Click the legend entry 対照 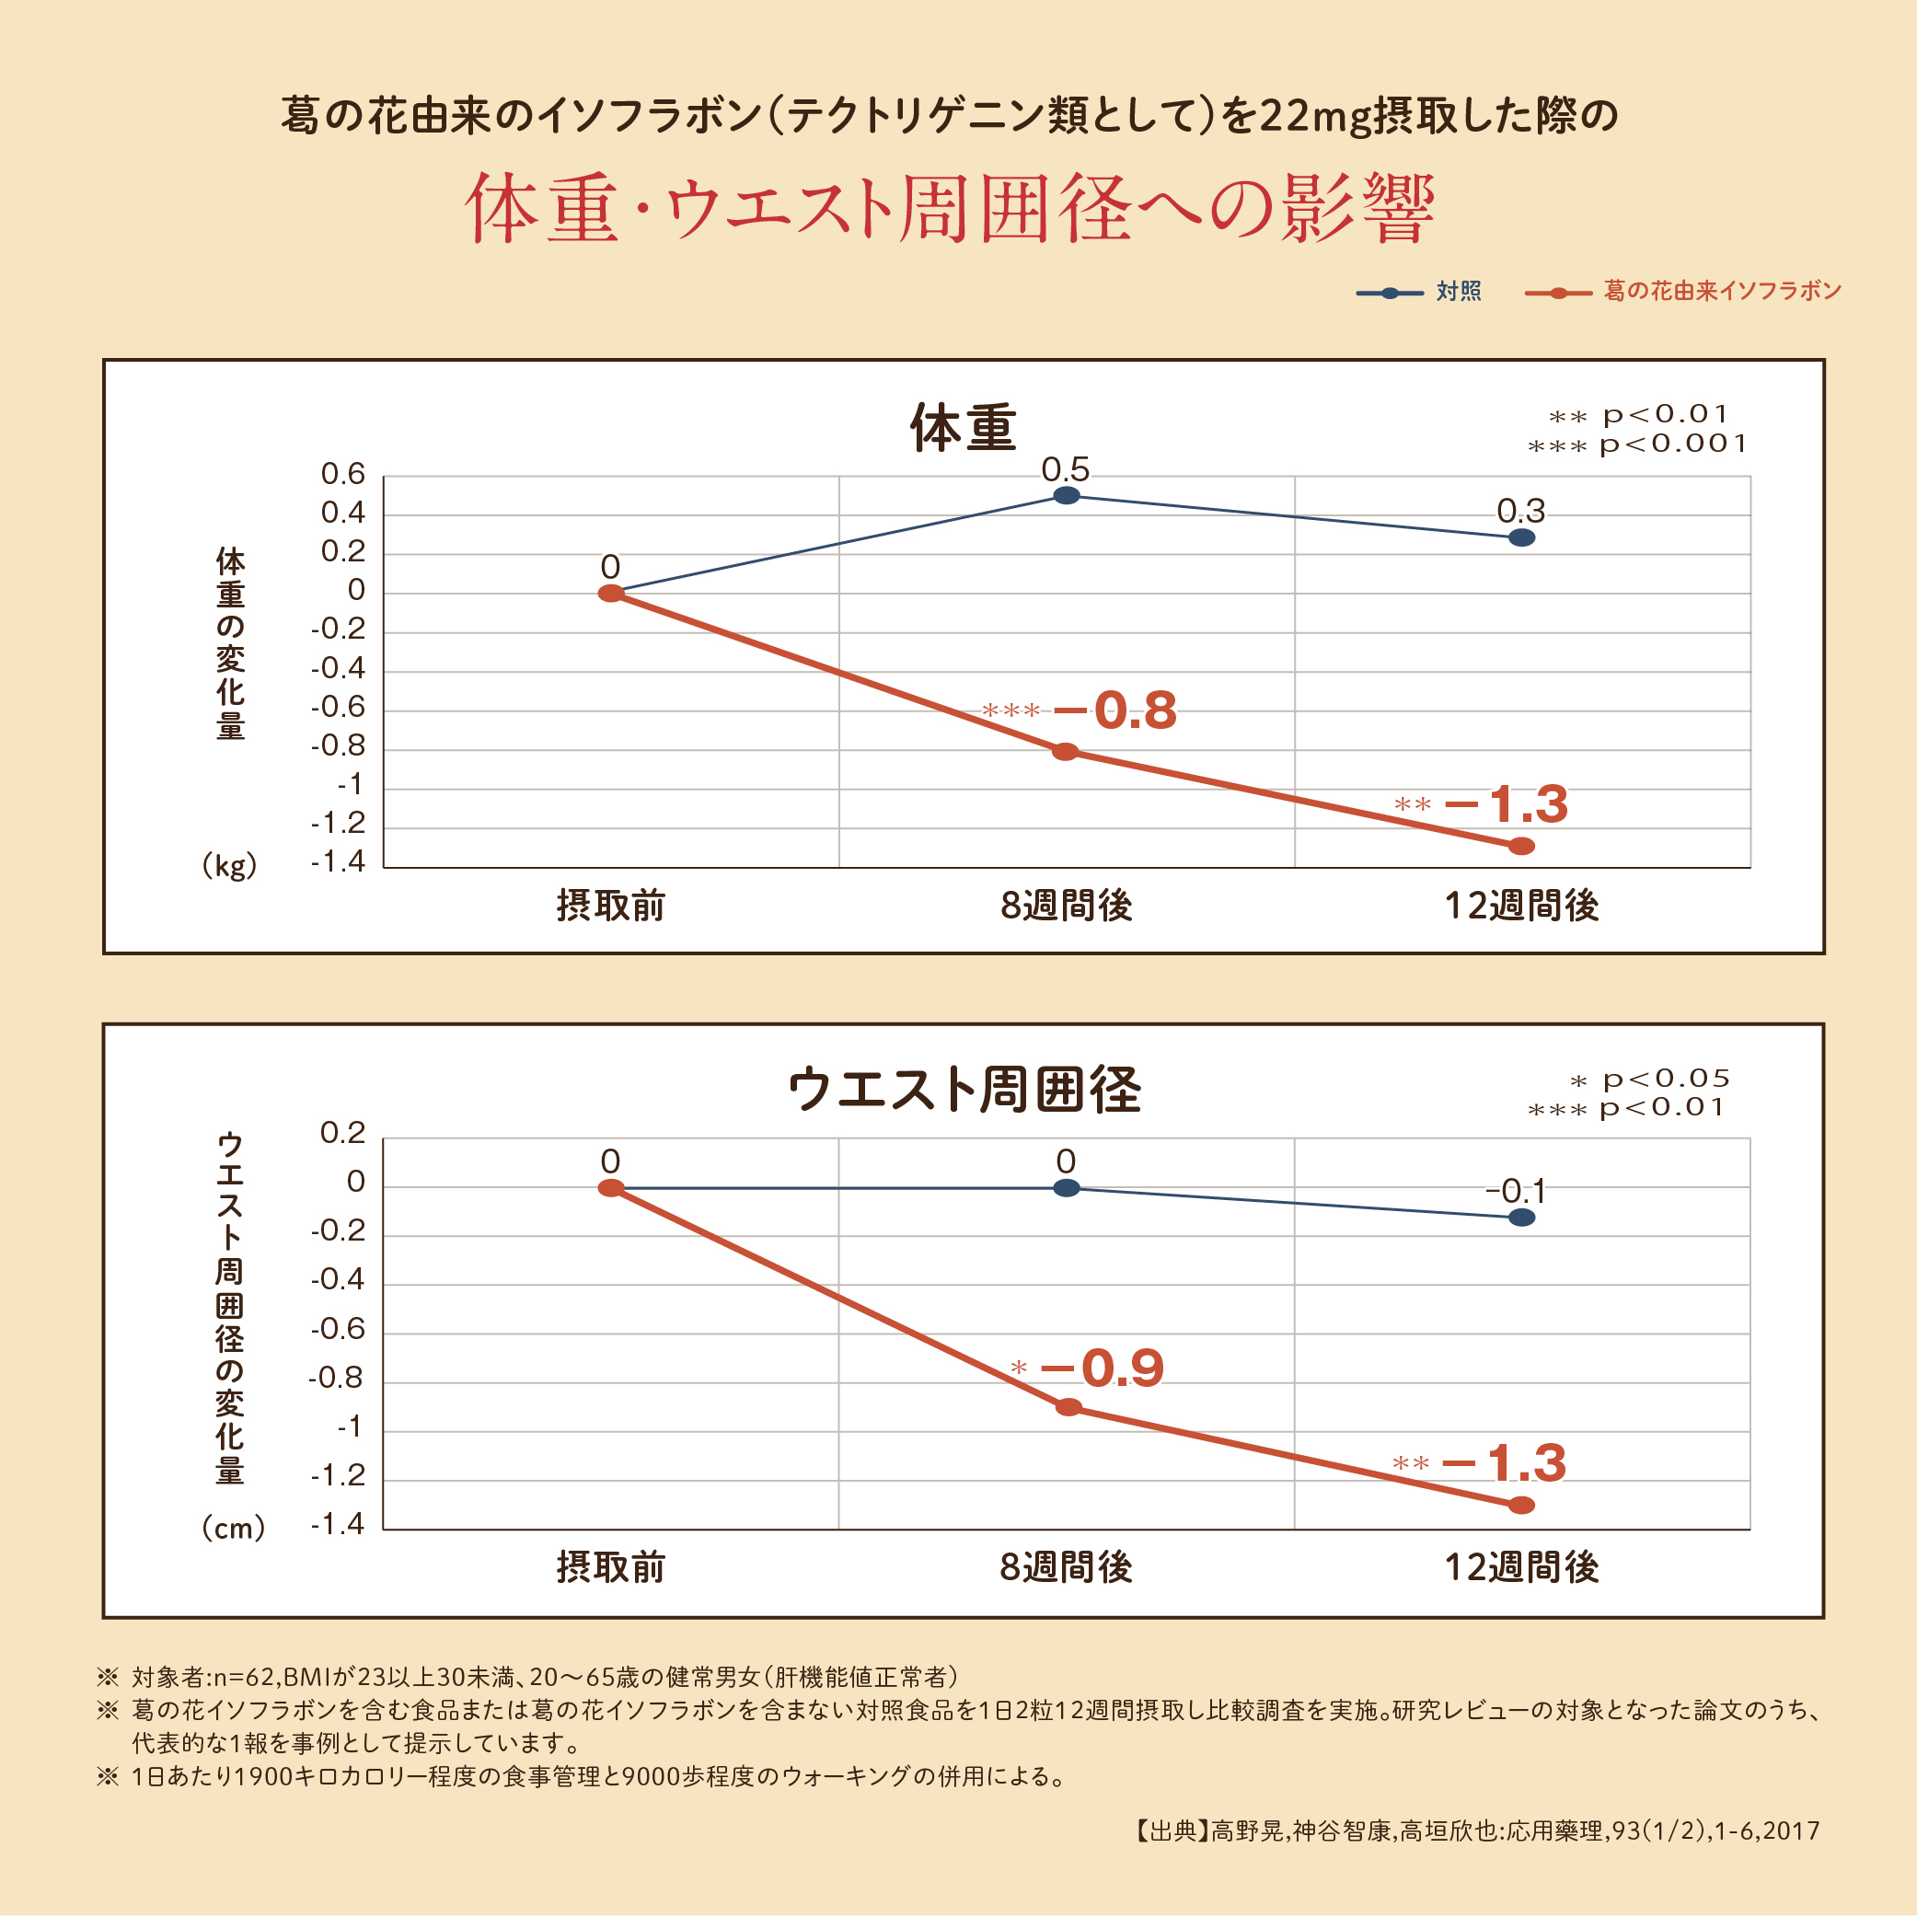coord(1458,291)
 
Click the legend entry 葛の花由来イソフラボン coord(1722,291)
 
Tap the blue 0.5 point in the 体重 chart coord(1066,495)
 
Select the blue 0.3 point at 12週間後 coord(1521,537)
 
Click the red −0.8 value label coord(1114,710)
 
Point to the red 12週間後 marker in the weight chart coord(1521,846)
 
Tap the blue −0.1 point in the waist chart coord(1521,1217)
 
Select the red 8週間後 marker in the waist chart coord(1068,1406)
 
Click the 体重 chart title coord(963,428)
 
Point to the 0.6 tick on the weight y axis coord(343,474)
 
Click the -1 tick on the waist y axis coord(350,1426)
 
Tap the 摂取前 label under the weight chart coord(610,905)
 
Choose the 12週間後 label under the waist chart coord(1521,1566)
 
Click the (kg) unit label coord(229,865)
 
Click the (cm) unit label coord(233,1527)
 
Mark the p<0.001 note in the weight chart coord(1672,444)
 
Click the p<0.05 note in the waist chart coord(1665,1079)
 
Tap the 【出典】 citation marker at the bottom coord(1170,1830)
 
